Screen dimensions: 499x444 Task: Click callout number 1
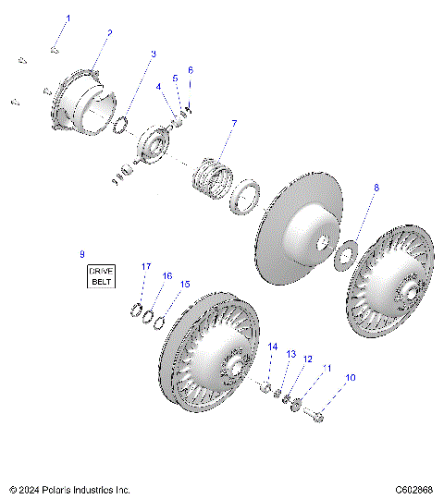[x=67, y=18]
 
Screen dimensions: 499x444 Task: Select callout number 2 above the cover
[x=109, y=32]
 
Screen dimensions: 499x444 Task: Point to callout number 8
[x=376, y=188]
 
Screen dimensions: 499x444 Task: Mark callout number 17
[x=145, y=266]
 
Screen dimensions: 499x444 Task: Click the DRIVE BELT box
[x=100, y=274]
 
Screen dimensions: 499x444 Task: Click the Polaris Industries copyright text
[x=69, y=489]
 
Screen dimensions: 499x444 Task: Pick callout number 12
[x=307, y=359]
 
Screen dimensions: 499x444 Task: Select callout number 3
[x=153, y=55]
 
